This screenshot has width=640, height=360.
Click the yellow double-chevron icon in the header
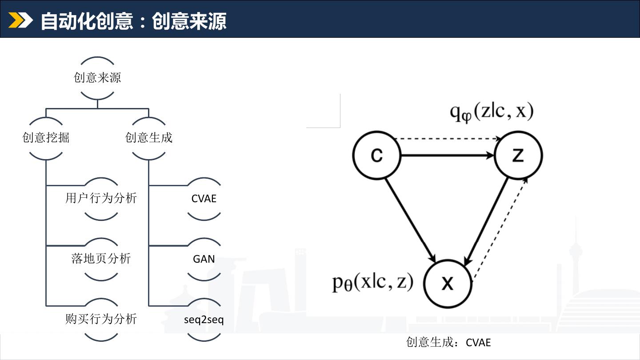[x=20, y=20]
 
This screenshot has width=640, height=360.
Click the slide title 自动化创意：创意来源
[x=133, y=21]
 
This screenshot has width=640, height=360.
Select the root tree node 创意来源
[x=97, y=78]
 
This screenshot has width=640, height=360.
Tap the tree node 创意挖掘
[x=46, y=137]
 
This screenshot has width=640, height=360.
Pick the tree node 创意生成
[x=149, y=137]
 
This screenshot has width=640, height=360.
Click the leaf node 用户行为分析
[x=101, y=198]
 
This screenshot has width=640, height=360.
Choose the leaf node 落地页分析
[x=101, y=259]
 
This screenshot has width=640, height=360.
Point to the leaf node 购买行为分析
[x=101, y=319]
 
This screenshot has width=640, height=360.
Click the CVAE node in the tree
[x=204, y=199]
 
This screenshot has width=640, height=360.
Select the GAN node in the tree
[x=204, y=259]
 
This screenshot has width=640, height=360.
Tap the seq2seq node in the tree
[x=204, y=320]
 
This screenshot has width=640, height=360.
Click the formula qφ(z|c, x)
[x=491, y=112]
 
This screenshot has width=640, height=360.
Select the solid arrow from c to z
[x=447, y=156]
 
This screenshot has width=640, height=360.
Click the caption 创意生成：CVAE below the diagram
[x=448, y=343]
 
